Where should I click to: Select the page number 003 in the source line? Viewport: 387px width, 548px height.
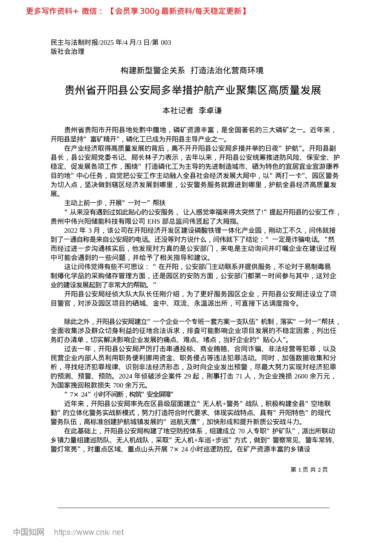click(x=166, y=42)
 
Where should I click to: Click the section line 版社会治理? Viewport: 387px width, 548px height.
click(x=68, y=51)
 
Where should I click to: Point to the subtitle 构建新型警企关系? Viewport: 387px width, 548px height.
click(x=153, y=71)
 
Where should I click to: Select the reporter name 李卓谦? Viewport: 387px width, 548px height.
click(x=210, y=110)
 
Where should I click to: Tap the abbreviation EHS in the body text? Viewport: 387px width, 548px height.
click(x=154, y=221)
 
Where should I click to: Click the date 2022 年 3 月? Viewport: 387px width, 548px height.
click(x=82, y=230)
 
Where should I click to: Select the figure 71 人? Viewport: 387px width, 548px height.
click(x=242, y=376)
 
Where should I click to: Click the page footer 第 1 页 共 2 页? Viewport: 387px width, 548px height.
click(x=309, y=470)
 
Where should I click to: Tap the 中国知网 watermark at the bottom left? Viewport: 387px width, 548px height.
click(x=29, y=532)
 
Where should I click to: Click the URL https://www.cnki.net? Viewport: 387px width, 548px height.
click(x=89, y=532)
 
